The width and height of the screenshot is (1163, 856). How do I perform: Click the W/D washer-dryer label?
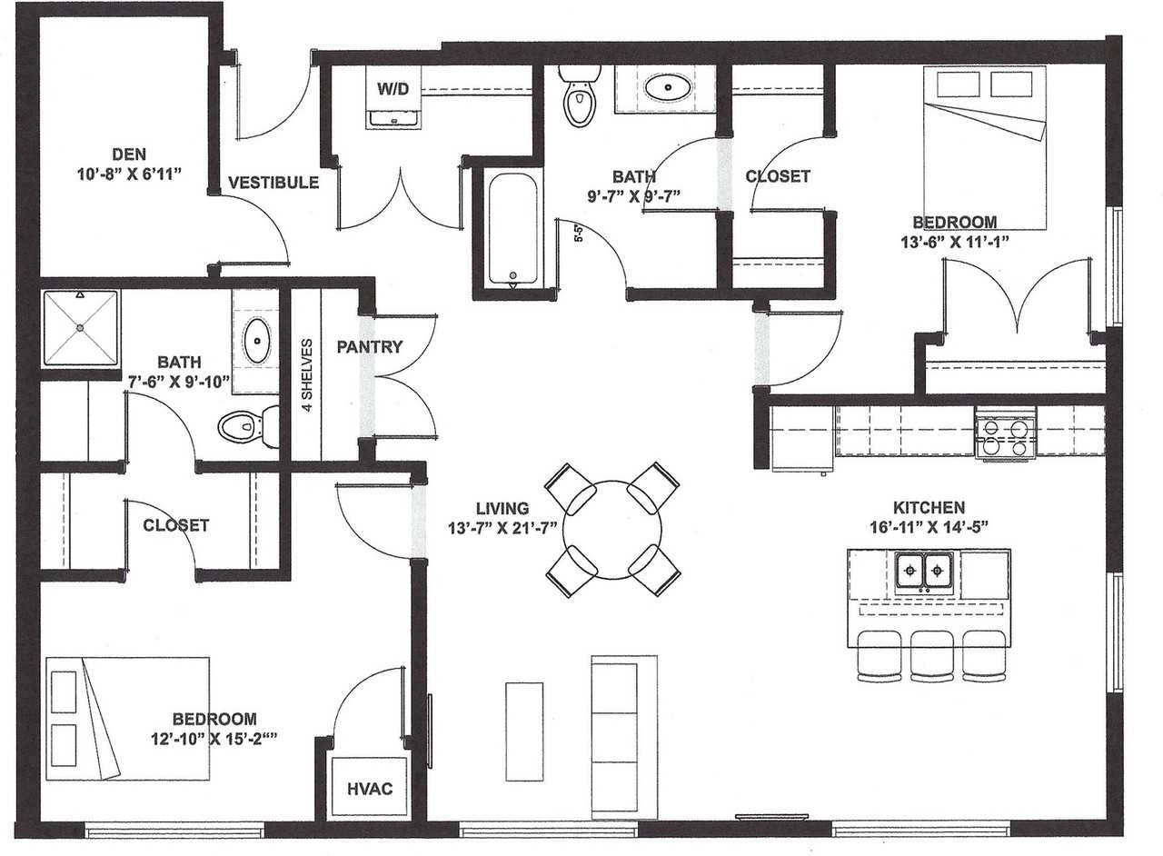click(393, 88)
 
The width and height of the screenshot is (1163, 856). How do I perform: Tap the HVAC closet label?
click(370, 788)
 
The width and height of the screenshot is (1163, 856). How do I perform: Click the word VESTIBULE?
click(273, 183)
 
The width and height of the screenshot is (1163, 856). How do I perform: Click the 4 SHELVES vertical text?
click(307, 375)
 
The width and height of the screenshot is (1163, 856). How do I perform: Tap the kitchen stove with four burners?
click(1004, 436)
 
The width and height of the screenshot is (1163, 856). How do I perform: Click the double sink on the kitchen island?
click(923, 572)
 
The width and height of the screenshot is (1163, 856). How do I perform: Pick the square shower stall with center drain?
click(80, 327)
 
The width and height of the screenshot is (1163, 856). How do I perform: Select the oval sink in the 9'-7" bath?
click(669, 88)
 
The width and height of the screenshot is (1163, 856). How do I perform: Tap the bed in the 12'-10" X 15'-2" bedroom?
click(127, 718)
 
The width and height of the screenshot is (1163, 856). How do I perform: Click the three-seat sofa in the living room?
click(623, 737)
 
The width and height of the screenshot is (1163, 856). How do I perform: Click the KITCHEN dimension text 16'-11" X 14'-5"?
click(928, 525)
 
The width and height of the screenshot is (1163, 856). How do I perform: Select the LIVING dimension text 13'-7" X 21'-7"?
click(502, 527)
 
